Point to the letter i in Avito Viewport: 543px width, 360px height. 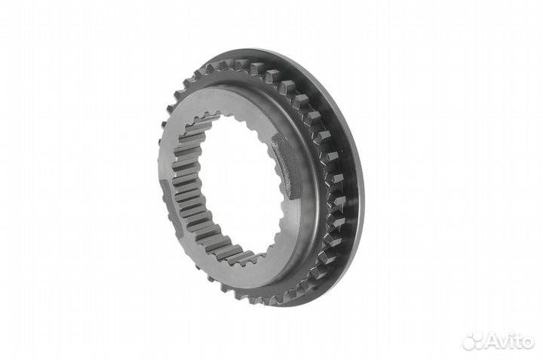pyautogui.click(x=512, y=343)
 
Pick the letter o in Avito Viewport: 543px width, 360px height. pyautogui.click(x=528, y=344)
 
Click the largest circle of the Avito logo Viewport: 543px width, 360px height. pyautogui.click(x=471, y=343)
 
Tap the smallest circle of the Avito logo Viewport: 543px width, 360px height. pyautogui.click(x=470, y=334)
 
